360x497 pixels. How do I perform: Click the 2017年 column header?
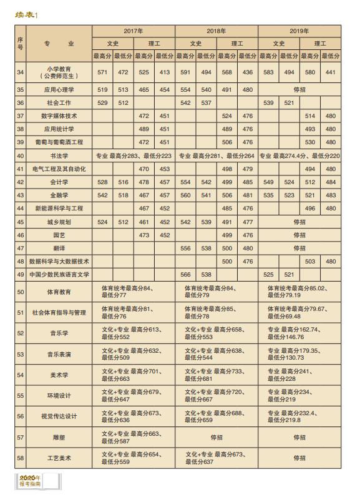click(x=134, y=31)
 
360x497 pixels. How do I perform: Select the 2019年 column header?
click(x=299, y=31)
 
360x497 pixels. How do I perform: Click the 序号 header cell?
click(x=21, y=43)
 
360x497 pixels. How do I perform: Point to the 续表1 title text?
click(x=27, y=16)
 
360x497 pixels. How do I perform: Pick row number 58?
click(x=21, y=458)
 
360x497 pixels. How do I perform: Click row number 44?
click(x=21, y=209)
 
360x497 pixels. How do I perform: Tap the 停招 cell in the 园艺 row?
click(x=299, y=235)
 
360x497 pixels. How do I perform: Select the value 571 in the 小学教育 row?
click(x=103, y=72)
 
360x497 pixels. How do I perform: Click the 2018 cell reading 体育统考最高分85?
click(x=216, y=312)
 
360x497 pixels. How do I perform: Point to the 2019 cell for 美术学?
click(x=299, y=375)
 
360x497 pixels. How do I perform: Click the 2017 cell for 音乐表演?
click(x=134, y=354)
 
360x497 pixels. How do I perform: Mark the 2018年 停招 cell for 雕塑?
click(x=216, y=437)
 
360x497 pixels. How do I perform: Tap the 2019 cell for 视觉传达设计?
click(x=299, y=416)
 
